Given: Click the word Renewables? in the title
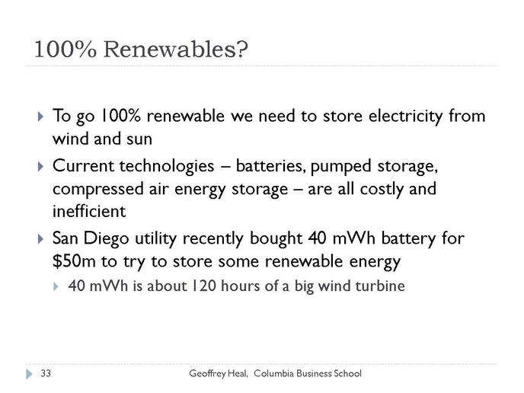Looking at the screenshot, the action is tap(176, 49).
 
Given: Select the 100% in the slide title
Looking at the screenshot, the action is tap(65, 49).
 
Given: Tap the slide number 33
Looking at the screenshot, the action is tap(46, 373).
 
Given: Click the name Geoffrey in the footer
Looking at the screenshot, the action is tap(207, 374).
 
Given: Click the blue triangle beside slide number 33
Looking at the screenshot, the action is tap(30, 374).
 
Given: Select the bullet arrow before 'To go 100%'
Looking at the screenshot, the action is tap(40, 117).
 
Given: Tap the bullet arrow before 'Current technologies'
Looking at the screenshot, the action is tap(40, 167).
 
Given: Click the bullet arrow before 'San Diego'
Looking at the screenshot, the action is tap(40, 239).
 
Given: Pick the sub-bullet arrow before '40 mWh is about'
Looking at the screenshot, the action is tap(56, 286).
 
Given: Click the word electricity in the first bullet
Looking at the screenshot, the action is tap(406, 117).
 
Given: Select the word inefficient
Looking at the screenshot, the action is tap(89, 211).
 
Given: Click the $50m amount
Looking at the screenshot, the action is tap(74, 261).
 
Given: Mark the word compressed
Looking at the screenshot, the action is tap(98, 190).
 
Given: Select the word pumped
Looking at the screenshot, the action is tap(341, 167).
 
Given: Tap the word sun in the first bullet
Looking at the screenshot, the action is tap(139, 139).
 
